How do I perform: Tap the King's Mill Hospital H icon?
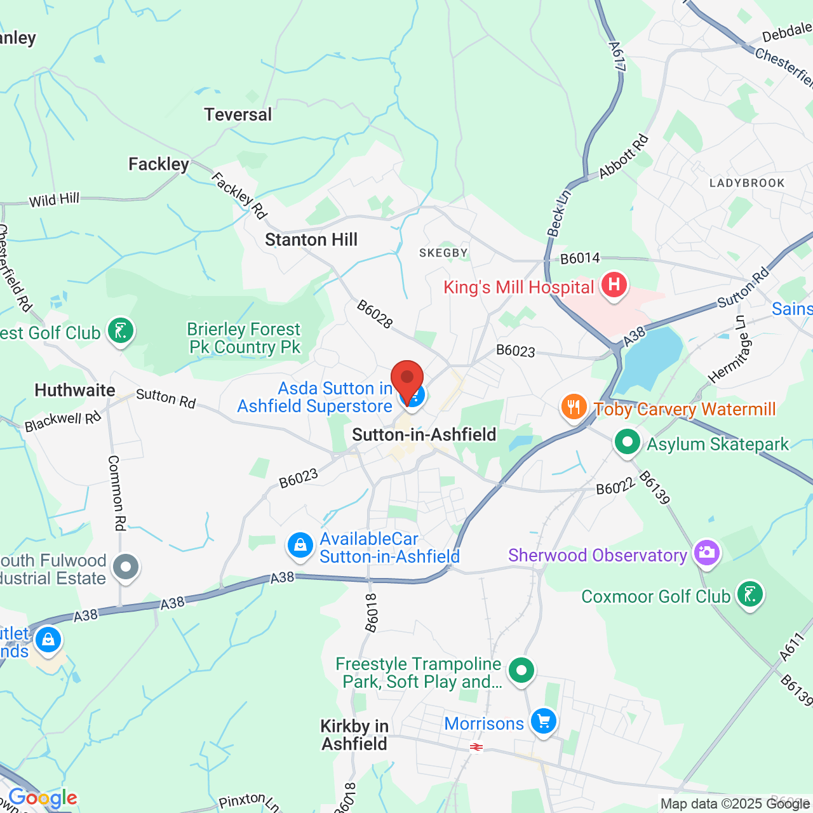point(614,285)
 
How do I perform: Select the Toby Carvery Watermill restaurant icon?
point(574,407)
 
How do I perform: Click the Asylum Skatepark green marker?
point(628,441)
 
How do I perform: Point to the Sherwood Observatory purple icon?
point(706,553)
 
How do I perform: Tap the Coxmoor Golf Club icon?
point(750,595)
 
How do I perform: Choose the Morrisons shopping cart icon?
point(544,722)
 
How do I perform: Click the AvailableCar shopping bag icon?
point(300,546)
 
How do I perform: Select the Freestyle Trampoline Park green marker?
point(521,671)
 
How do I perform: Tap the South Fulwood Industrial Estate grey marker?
point(126,567)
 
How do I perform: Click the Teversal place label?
point(238,115)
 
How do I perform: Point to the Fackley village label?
point(159,165)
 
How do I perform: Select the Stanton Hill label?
point(311,240)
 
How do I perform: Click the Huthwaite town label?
point(75,390)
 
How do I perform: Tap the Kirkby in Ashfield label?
point(354,736)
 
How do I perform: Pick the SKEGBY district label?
point(443,253)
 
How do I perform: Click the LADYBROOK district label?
point(747,184)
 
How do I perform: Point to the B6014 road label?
point(580,258)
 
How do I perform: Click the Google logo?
point(43,798)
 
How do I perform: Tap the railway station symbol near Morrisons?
point(476,748)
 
